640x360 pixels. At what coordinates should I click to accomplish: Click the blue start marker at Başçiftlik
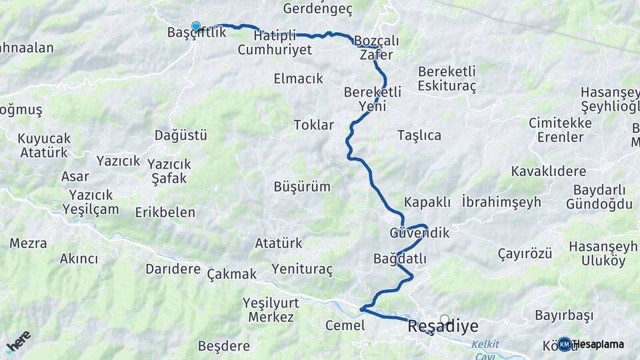point(196,27)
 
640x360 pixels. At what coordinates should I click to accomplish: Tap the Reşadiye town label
point(443,327)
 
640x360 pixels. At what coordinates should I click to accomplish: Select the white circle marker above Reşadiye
point(445,319)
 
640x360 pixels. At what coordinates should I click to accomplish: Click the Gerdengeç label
point(317,9)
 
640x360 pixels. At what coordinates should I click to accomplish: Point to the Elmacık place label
point(298,79)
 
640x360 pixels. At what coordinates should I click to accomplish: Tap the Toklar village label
point(313,125)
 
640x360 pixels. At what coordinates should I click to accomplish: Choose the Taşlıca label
point(419,135)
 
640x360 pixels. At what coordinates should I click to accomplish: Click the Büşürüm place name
point(301,187)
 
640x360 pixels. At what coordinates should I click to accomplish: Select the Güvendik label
point(419,233)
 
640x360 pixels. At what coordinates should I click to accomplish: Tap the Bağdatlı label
point(400,259)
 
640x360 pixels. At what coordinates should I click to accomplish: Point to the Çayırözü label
point(525,253)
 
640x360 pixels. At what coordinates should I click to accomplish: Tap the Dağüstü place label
point(181,135)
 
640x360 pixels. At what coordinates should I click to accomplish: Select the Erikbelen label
point(165,213)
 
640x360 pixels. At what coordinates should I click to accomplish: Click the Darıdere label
point(173,269)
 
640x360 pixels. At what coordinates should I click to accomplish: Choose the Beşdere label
point(224,346)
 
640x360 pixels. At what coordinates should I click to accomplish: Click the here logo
point(19,341)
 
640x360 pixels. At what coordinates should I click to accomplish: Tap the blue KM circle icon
point(565,344)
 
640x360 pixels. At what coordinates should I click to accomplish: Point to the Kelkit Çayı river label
point(485,349)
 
